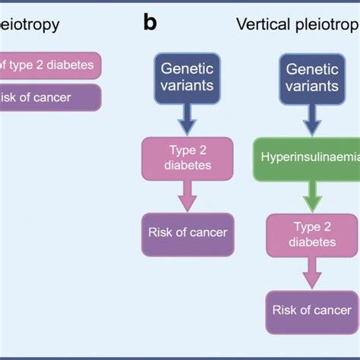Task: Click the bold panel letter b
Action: tap(150, 23)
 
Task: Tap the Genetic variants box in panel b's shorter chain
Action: tap(187, 76)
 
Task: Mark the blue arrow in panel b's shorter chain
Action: tap(187, 118)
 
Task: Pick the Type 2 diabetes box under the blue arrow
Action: tap(186, 158)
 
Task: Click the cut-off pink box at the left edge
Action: tap(49, 65)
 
